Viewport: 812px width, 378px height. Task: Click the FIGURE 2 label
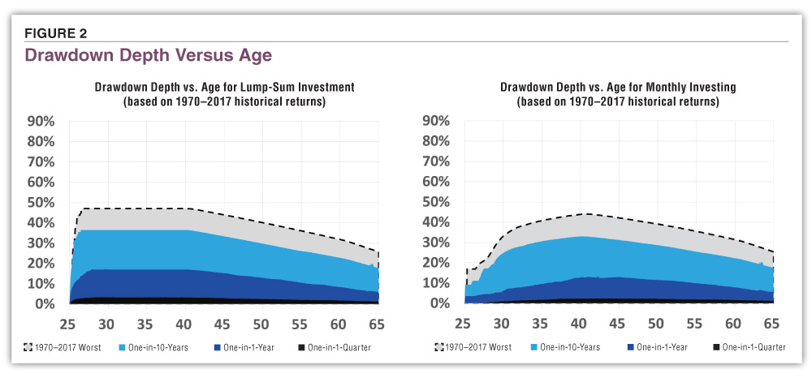point(56,33)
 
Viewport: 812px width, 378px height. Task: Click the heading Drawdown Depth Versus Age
point(148,55)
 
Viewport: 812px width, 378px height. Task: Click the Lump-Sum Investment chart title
point(224,94)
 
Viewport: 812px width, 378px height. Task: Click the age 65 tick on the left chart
point(378,324)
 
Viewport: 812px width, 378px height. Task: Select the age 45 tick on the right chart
point(617,324)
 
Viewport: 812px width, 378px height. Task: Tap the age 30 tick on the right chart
point(501,324)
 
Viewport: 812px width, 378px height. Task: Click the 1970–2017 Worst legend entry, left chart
point(60,347)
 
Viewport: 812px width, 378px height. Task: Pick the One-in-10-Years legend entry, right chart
point(561,347)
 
